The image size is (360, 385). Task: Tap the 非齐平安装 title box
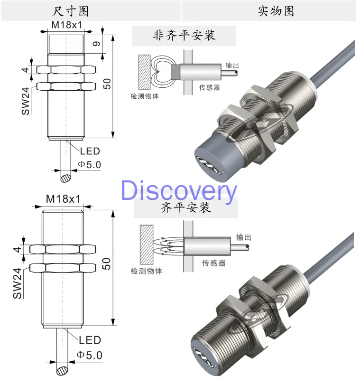pos(184,36)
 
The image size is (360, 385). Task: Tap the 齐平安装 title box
pos(185,207)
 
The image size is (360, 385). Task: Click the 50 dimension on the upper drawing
pos(108,84)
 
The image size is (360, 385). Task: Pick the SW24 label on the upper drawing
pos(25,101)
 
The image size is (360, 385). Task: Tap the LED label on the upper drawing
pos(90,151)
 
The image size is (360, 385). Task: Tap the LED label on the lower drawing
pos(90,340)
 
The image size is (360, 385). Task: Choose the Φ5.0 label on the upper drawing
pos(89,165)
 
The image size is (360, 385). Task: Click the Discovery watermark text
pos(178,191)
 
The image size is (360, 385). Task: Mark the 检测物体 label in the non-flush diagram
pos(144,96)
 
